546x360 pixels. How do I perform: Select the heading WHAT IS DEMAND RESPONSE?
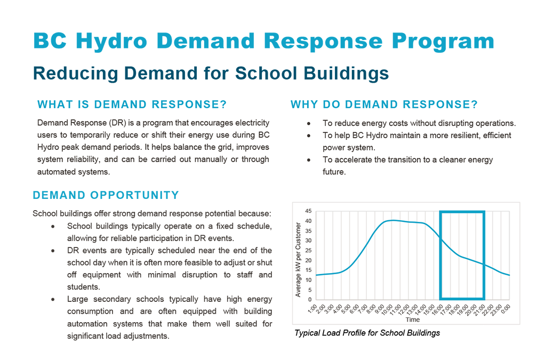click(132, 105)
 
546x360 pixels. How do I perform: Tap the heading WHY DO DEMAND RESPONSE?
click(384, 105)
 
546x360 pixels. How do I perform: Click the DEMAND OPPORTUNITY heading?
click(106, 196)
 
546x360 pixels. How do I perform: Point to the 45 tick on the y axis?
click(308, 211)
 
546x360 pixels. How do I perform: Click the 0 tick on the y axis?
click(310, 300)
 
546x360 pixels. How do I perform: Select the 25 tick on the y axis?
click(308, 251)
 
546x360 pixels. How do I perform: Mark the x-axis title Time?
click(412, 319)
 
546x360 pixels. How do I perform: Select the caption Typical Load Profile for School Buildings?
click(367, 333)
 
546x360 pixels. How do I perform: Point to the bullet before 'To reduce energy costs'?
click(309, 124)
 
